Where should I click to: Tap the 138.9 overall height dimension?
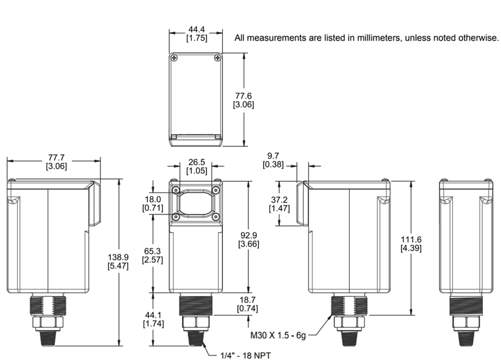pos(118,257)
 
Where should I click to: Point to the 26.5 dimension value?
pos(196,162)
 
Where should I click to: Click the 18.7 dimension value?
pos(248,300)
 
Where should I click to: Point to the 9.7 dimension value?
pos(274,156)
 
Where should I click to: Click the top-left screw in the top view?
pos(174,58)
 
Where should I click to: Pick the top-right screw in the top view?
pos(217,58)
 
